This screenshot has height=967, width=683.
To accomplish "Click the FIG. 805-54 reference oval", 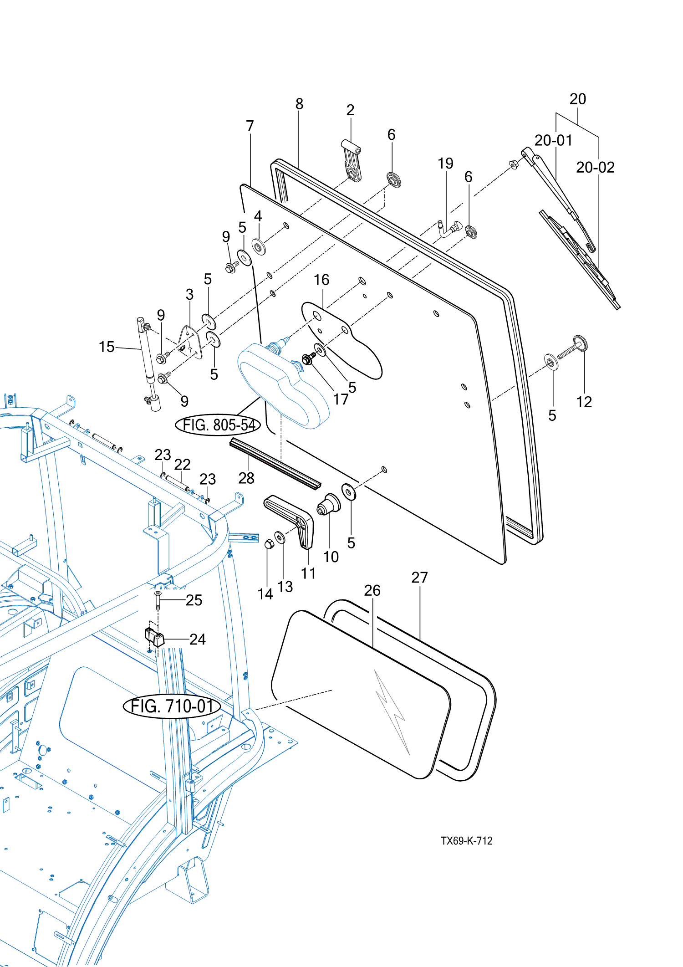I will pyautogui.click(x=218, y=425).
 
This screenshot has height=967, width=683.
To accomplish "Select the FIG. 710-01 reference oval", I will pyautogui.click(x=172, y=706).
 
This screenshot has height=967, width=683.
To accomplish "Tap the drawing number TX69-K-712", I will pyautogui.click(x=466, y=841).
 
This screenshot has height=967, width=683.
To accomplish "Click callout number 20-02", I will pyautogui.click(x=595, y=168).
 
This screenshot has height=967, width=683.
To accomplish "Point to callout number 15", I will pyautogui.click(x=107, y=347).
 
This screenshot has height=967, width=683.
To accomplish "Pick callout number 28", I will pyautogui.click(x=246, y=478).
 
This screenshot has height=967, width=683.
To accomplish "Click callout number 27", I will pyautogui.click(x=419, y=578).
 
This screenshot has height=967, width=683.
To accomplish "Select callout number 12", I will pyautogui.click(x=584, y=402).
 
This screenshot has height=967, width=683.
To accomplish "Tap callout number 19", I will pyautogui.click(x=445, y=164).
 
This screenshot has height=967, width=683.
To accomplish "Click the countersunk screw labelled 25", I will pyautogui.click(x=158, y=600).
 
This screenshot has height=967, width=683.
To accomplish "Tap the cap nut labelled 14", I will pyautogui.click(x=269, y=543).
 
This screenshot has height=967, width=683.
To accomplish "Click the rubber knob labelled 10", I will pyautogui.click(x=329, y=504).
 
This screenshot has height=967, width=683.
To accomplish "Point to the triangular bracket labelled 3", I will pyautogui.click(x=191, y=342).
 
